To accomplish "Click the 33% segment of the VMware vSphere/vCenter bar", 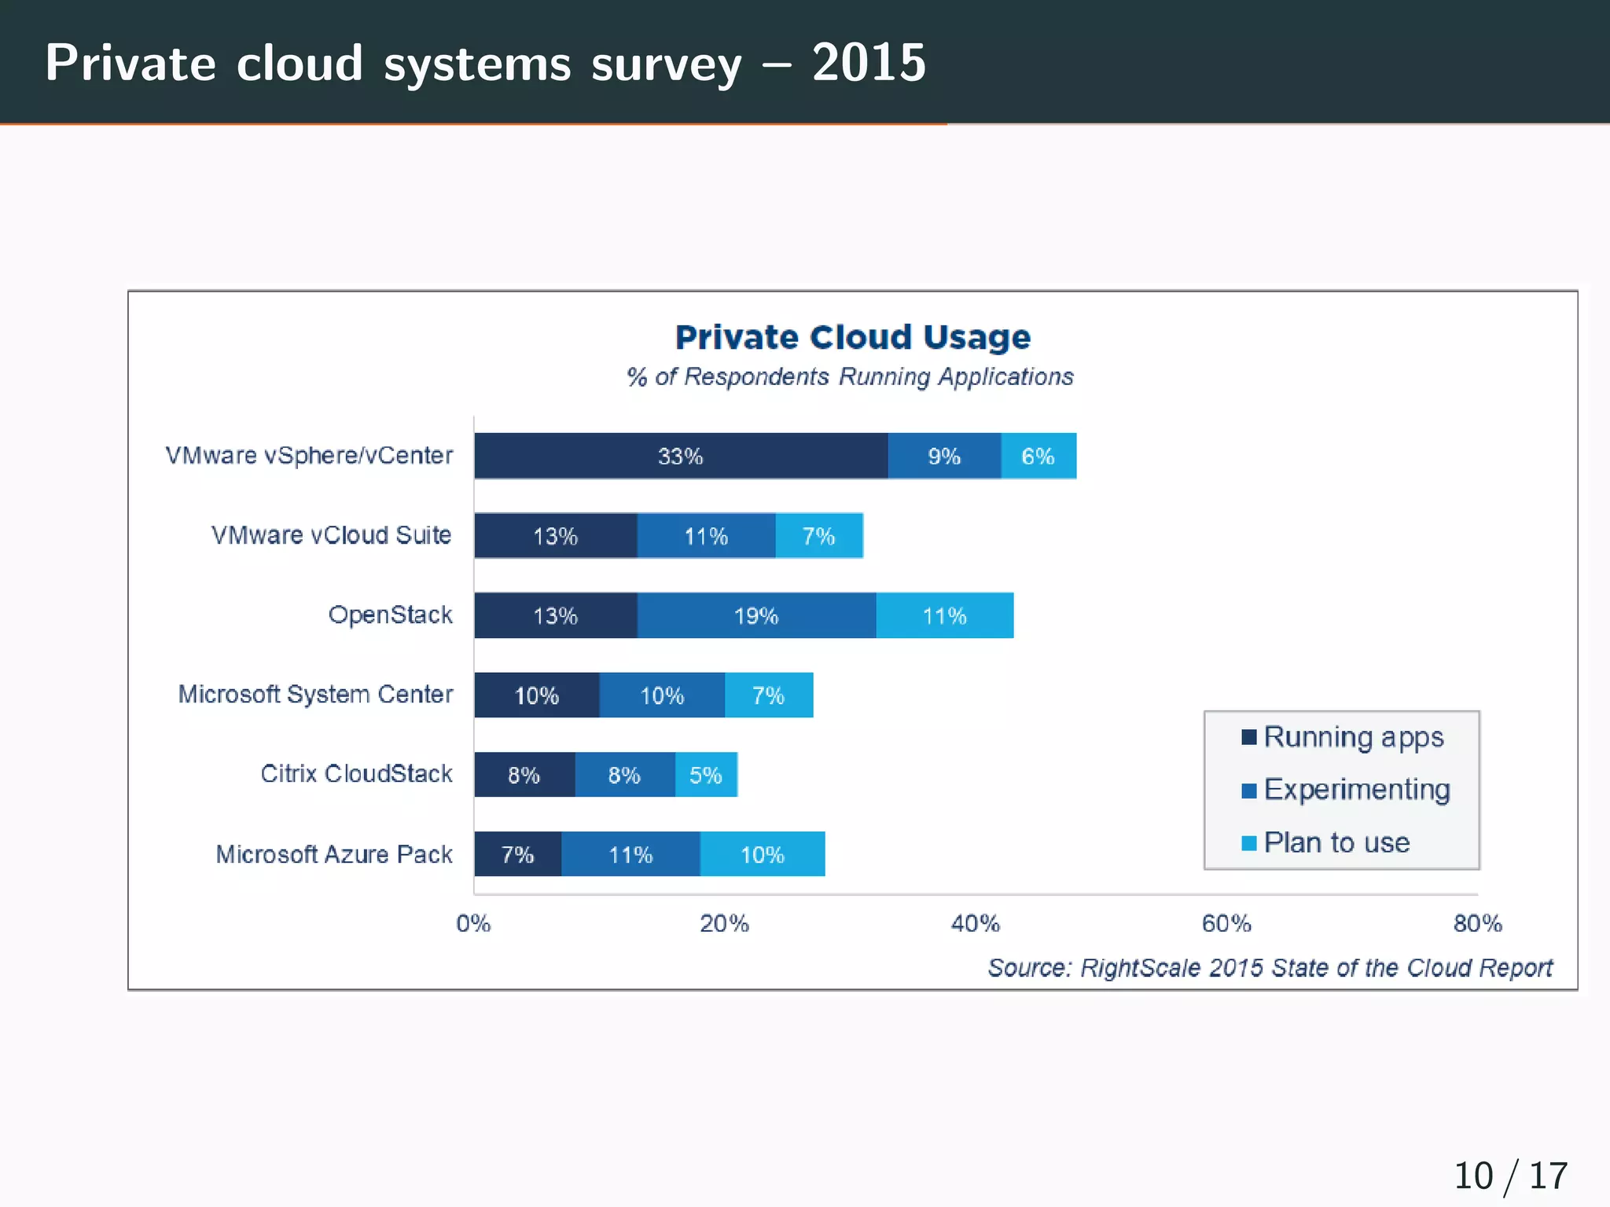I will click(681, 456).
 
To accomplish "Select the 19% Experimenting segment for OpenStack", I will click(756, 615).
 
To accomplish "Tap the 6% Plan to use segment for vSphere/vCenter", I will click(1038, 456).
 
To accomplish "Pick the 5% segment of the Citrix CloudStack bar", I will click(705, 775).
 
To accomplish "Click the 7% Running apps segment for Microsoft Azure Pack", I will click(517, 854).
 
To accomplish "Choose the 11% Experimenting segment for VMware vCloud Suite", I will click(706, 536).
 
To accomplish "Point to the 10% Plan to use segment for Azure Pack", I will click(762, 854).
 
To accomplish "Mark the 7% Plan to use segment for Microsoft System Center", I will click(768, 695).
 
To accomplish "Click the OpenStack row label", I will click(390, 615).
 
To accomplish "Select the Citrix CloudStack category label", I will click(356, 773).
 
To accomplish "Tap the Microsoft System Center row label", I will click(315, 694).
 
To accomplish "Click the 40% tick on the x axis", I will click(975, 923).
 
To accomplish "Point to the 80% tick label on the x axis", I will click(1477, 923).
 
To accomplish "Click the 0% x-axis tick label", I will click(473, 923).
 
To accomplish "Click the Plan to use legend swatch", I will click(1248, 843).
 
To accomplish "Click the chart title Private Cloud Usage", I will click(853, 337).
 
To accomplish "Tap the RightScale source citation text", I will click(1270, 967).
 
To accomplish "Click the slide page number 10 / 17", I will click(1510, 1176).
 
